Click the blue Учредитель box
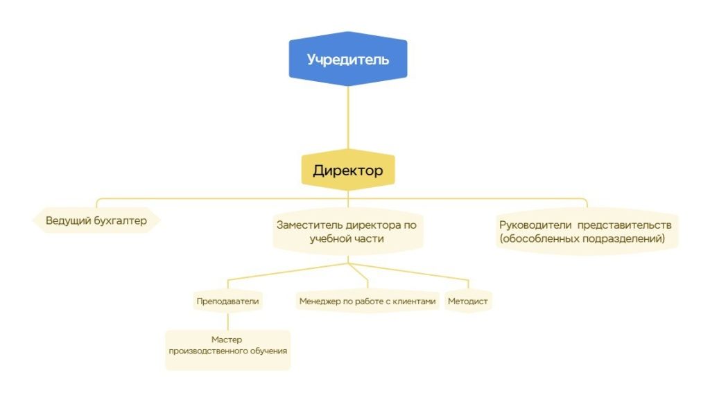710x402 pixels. tap(347, 59)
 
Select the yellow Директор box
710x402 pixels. tap(347, 171)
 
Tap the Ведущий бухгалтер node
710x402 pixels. tap(96, 221)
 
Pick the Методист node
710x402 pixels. tap(468, 301)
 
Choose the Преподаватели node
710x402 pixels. tap(227, 301)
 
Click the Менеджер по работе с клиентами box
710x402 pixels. tap(367, 301)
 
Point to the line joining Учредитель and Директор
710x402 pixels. tap(347, 118)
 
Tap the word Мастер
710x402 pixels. tap(227, 340)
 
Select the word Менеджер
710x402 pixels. tap(320, 301)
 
